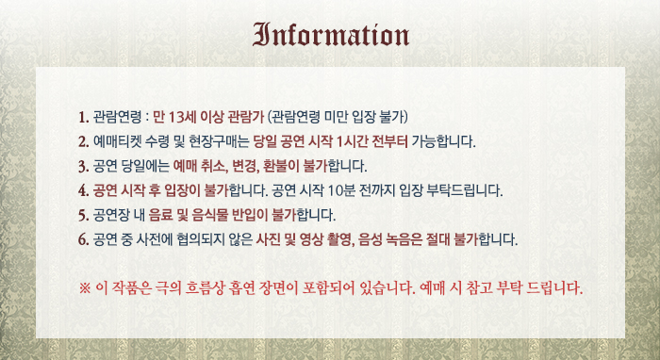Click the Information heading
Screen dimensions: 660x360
(331, 35)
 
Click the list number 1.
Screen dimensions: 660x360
(83, 118)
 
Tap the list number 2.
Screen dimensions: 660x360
(83, 141)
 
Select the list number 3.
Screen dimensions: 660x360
(83, 167)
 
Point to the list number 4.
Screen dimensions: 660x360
(83, 191)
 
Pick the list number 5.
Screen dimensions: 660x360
(83, 216)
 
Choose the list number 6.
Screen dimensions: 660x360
(83, 240)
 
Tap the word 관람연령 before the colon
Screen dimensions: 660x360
(117, 117)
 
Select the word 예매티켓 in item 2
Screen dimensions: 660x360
(117, 141)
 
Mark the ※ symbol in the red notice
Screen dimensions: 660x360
(85, 288)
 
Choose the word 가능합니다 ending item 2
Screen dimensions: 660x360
(444, 141)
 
